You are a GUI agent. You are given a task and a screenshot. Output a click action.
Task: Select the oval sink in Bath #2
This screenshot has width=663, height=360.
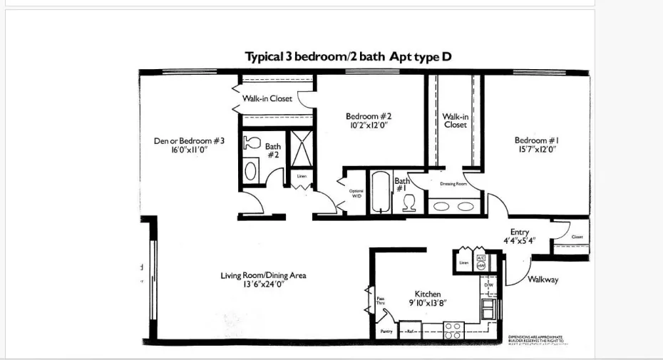(251, 170)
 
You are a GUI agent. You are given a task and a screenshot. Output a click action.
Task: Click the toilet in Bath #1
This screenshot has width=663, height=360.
(409, 202)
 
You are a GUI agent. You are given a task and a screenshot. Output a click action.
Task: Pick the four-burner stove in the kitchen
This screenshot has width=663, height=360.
(453, 330)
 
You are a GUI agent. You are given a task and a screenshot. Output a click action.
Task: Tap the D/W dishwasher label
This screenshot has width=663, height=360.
(489, 285)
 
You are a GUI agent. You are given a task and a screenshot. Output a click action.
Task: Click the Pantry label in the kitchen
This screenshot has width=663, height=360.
(386, 331)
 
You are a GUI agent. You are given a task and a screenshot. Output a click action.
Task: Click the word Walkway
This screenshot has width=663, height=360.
(543, 279)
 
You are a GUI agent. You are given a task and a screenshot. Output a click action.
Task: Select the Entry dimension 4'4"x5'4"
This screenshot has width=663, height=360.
(519, 241)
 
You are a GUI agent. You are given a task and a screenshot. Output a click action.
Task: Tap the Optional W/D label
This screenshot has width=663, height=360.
(356, 193)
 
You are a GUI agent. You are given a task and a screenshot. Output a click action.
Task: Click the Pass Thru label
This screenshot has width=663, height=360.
(381, 301)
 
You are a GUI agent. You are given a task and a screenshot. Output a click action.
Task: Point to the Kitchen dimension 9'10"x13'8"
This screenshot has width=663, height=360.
(428, 303)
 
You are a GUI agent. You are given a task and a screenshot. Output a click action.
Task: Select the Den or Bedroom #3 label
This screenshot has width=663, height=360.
(189, 141)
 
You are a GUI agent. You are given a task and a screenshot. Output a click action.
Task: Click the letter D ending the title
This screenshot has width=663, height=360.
(447, 56)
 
